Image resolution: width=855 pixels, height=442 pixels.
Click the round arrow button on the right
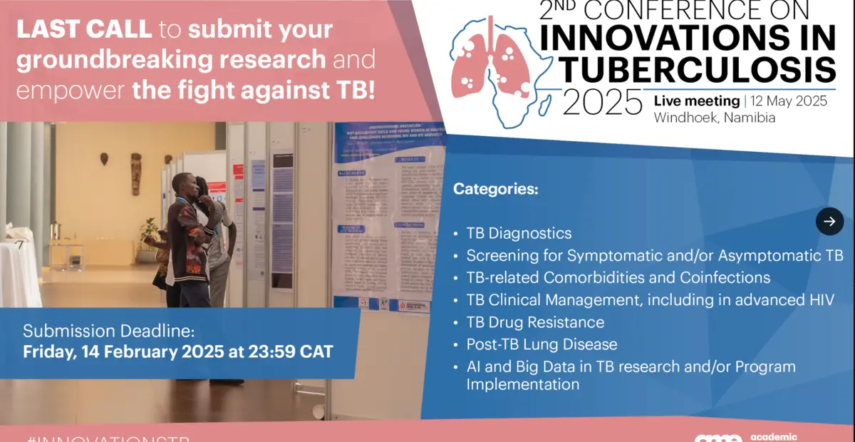(x=829, y=221)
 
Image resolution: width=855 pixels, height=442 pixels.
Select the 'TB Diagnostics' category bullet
(x=519, y=233)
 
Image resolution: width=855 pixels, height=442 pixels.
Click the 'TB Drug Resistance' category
(x=535, y=322)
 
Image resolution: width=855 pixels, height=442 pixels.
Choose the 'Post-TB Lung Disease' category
(x=541, y=344)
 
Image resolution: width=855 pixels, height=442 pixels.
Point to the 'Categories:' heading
(x=496, y=190)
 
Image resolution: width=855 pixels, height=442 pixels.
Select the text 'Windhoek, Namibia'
(x=714, y=118)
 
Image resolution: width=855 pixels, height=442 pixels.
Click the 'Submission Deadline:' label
(x=108, y=331)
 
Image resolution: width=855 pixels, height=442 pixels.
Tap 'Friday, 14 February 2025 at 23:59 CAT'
(x=177, y=351)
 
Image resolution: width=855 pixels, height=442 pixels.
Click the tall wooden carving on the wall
(x=135, y=173)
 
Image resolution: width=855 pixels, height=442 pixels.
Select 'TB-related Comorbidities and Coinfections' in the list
(x=618, y=277)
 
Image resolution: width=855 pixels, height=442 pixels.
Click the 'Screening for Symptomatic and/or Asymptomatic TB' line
(x=655, y=255)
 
